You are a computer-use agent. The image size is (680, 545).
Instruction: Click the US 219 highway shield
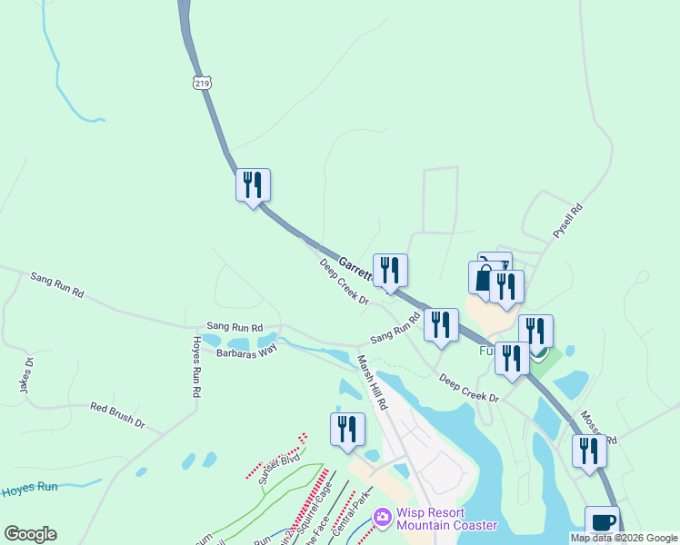point(201,83)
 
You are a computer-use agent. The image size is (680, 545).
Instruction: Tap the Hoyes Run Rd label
point(195,369)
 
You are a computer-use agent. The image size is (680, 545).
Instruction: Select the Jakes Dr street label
point(26,375)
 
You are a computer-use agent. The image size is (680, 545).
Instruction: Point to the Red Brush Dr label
point(117,414)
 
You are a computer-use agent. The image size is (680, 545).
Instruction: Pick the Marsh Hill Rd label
point(374,381)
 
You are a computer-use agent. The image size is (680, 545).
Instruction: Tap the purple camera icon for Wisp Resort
point(383,517)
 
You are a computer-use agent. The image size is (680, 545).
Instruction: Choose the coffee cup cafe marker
point(601,521)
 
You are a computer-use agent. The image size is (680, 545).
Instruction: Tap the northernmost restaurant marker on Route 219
point(253,184)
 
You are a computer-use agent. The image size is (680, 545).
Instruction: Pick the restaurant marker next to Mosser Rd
point(589,450)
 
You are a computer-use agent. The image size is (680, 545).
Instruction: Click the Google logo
point(30,534)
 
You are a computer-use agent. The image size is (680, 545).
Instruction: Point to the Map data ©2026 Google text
point(625,539)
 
